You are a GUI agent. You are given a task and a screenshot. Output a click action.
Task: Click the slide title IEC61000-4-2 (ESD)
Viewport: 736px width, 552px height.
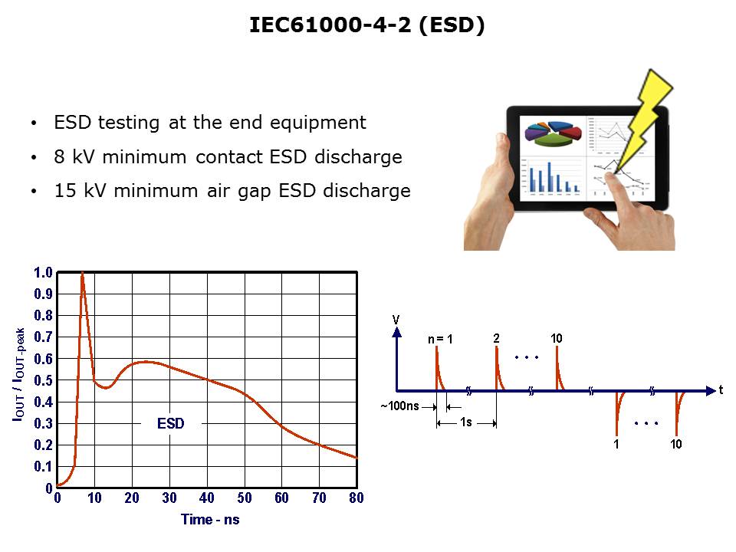click(x=366, y=25)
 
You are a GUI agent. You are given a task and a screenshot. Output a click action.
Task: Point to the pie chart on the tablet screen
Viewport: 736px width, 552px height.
click(x=553, y=133)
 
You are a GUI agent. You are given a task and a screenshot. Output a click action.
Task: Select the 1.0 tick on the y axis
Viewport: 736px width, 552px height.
click(x=43, y=272)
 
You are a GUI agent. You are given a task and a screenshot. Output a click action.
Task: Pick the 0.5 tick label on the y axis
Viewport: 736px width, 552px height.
click(x=43, y=380)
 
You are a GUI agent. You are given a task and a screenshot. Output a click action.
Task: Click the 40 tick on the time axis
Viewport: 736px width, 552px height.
click(x=206, y=498)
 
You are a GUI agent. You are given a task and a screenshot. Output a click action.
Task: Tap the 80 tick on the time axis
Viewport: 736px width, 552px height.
click(x=356, y=498)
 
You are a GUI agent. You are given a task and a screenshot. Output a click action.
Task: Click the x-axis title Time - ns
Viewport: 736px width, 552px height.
click(x=210, y=520)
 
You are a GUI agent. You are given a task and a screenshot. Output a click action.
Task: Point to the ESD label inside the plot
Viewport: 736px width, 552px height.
click(x=171, y=423)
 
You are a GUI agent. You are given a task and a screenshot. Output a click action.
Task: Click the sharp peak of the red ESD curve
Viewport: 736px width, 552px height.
click(x=82, y=273)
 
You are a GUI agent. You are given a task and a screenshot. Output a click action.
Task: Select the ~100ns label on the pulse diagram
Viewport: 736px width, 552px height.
click(x=400, y=406)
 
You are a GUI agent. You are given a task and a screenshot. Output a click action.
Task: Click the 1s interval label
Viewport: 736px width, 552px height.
click(x=465, y=422)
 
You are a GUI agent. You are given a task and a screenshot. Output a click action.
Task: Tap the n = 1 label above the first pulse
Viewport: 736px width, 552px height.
click(x=440, y=339)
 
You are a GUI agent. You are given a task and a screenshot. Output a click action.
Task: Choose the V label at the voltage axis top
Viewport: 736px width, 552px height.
click(x=396, y=320)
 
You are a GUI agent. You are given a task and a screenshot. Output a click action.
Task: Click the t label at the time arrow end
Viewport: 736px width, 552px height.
click(x=721, y=389)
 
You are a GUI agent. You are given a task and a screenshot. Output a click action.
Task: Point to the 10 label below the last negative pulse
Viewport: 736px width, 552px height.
click(x=676, y=444)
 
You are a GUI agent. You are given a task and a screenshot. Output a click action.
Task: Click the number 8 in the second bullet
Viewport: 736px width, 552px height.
click(x=59, y=156)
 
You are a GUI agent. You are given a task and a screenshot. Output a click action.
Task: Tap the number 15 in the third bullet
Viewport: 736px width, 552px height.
click(x=64, y=191)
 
